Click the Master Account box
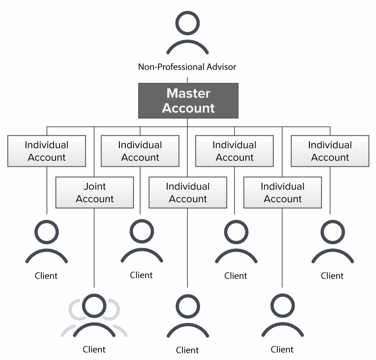[x=188, y=101]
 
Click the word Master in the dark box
[x=188, y=94]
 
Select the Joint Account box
[x=94, y=193]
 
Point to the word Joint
[x=95, y=187]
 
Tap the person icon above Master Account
[x=187, y=33]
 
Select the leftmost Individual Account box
[x=46, y=151]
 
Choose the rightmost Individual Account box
[x=330, y=151]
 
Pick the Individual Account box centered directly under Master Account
[x=188, y=193]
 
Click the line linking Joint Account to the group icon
[x=94, y=250]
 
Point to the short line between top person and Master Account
[x=187, y=80]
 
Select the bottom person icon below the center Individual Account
[x=188, y=316]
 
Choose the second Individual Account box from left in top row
[x=140, y=151]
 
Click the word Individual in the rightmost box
[x=330, y=145]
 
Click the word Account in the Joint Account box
[x=95, y=199]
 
